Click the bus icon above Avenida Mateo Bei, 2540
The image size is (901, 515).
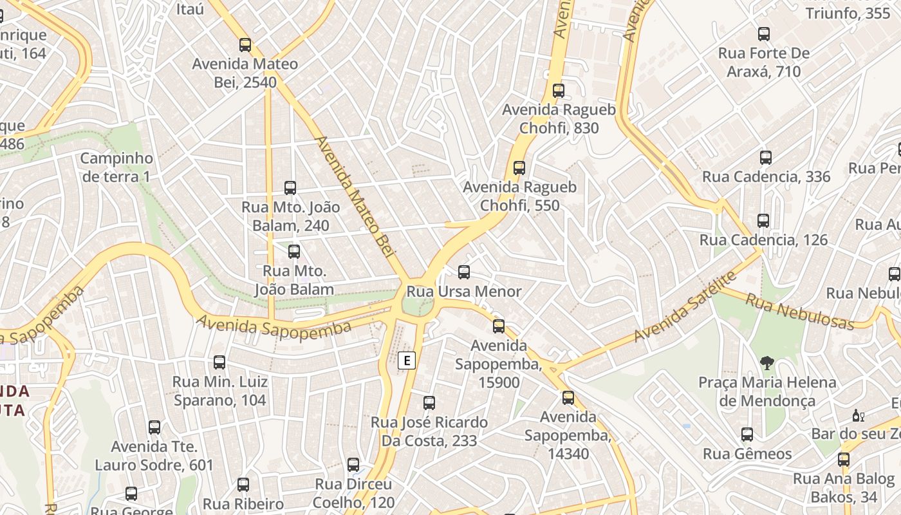click(245, 45)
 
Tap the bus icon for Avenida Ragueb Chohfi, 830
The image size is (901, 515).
click(559, 91)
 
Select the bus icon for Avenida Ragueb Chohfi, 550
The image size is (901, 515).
click(519, 168)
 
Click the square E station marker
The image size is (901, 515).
click(406, 360)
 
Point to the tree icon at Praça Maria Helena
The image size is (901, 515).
click(766, 363)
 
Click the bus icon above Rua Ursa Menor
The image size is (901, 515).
click(464, 272)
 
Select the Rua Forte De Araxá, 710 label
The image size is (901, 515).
click(764, 62)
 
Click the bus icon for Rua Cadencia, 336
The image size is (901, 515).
click(766, 158)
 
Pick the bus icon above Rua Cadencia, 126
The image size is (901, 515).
click(763, 221)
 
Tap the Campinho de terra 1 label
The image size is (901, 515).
click(116, 167)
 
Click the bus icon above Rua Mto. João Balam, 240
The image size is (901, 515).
click(290, 188)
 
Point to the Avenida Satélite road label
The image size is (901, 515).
click(685, 307)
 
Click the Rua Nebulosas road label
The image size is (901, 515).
click(800, 311)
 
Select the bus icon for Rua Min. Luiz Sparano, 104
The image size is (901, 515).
click(219, 362)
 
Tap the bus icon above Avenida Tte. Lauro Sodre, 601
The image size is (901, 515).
click(154, 427)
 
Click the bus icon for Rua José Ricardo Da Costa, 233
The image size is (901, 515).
click(429, 403)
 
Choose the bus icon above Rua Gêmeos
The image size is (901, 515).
click(747, 435)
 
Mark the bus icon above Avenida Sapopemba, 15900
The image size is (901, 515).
click(499, 326)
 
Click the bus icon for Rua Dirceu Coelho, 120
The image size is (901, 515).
click(353, 465)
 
